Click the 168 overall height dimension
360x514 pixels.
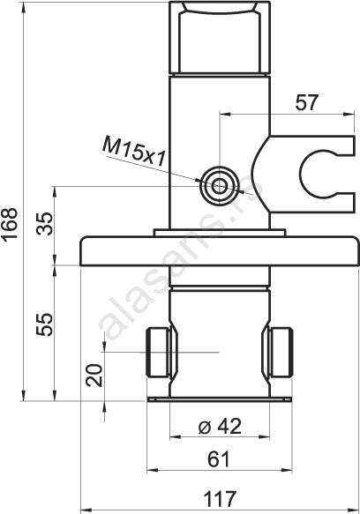coord(9,225)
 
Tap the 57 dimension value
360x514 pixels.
coord(306,102)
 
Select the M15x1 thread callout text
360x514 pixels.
coord(133,153)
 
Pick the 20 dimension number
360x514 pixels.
coord(94,376)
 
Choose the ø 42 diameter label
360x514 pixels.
coord(220,426)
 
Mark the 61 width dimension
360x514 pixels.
coord(219,459)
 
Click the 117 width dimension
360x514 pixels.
coord(220,499)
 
